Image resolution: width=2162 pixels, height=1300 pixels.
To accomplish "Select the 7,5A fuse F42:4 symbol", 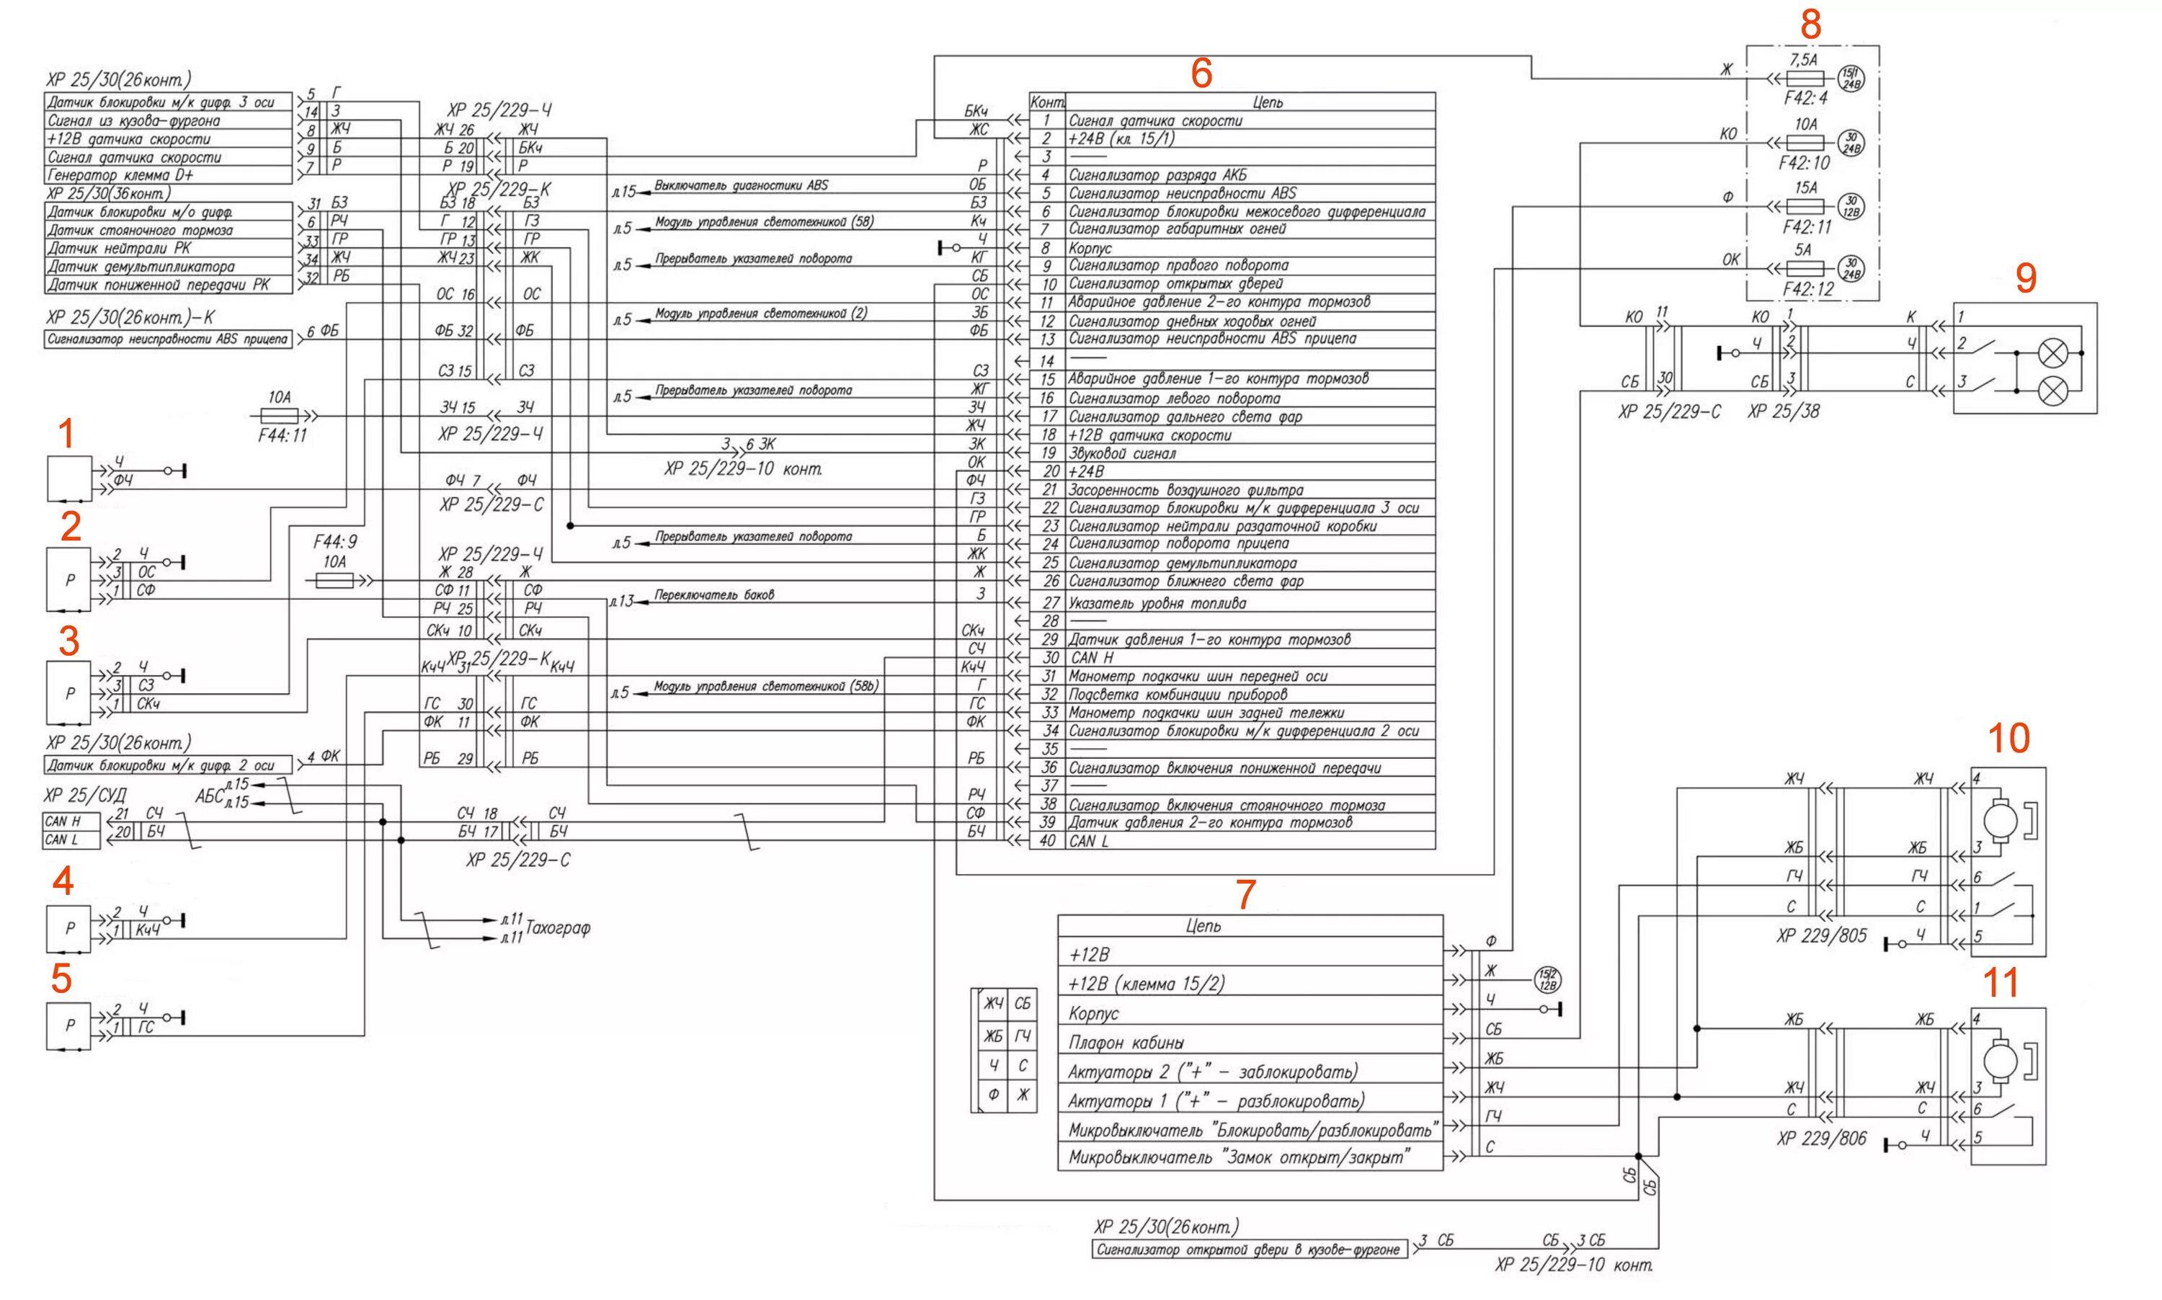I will [x=1804, y=79].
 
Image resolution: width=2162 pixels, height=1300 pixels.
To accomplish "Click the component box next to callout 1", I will [x=68, y=478].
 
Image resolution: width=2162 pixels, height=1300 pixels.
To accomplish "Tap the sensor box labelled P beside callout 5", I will [x=68, y=1026].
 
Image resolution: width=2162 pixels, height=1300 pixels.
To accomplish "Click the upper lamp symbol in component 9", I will [x=2052, y=354].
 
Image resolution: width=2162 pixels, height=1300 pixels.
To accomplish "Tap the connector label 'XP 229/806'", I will [x=1821, y=1139].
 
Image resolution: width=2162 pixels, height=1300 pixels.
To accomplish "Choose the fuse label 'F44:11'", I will [x=282, y=435].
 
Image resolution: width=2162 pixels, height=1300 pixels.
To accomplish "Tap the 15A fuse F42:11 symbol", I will [x=1804, y=207].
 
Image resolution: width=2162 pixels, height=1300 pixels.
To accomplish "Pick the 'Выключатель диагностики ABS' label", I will [x=740, y=186].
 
